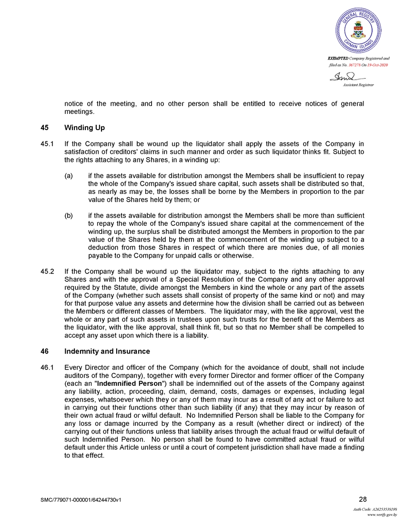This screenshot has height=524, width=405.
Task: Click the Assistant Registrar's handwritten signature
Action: click(346, 77)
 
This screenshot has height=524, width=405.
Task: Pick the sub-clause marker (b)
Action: click(69, 216)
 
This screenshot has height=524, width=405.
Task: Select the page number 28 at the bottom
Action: click(363, 499)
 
